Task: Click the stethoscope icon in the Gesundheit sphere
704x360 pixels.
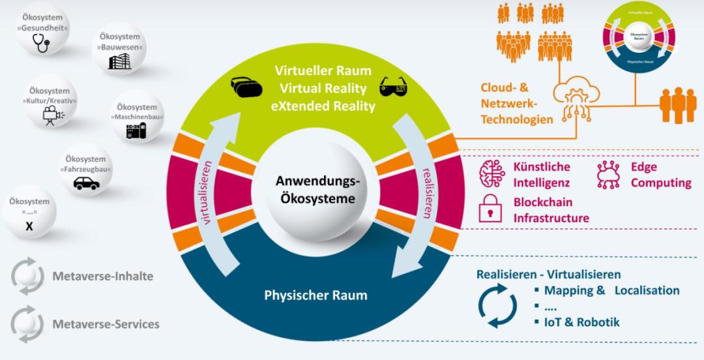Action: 42,42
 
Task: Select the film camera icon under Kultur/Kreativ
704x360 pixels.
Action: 50,116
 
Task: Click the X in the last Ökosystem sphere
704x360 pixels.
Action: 28,226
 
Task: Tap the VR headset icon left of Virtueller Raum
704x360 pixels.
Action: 244,87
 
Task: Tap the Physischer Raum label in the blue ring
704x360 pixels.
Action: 315,295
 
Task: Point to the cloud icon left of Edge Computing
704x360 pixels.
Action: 608,174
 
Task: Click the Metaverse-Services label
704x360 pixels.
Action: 106,324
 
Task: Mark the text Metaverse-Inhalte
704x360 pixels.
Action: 103,276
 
